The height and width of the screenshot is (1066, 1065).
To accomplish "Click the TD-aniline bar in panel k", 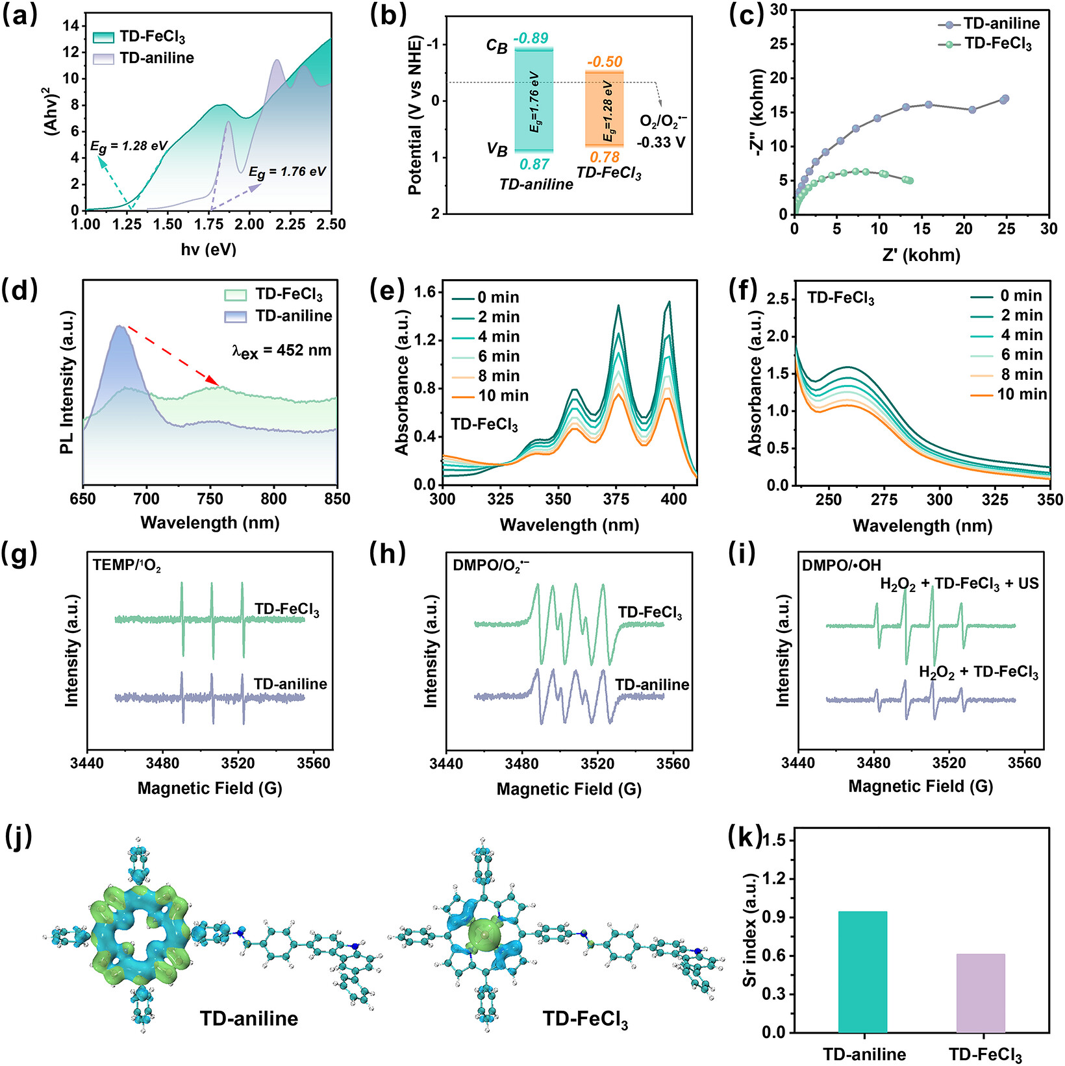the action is (x=862, y=972).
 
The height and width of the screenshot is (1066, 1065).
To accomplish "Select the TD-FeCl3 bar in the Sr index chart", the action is (x=981, y=993).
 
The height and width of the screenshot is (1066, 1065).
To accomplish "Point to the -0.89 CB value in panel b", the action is (x=531, y=38).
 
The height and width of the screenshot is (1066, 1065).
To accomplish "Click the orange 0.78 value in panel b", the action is (x=605, y=157).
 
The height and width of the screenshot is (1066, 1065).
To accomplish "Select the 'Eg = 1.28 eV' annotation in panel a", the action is (x=129, y=147).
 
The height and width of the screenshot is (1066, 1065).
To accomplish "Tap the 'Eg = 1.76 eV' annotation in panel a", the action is (x=287, y=173).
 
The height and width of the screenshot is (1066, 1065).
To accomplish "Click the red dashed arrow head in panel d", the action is (x=212, y=380).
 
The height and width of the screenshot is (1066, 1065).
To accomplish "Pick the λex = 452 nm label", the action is (x=282, y=351).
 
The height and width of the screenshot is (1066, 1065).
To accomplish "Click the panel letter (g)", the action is (x=20, y=553).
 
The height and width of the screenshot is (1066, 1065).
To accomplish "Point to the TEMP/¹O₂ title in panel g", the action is (x=127, y=565).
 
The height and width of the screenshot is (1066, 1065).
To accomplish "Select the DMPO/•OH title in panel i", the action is (x=842, y=565).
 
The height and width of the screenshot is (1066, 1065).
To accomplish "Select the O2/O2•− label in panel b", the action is (x=663, y=121).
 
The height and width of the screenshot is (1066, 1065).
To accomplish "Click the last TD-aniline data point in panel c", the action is (x=1005, y=99).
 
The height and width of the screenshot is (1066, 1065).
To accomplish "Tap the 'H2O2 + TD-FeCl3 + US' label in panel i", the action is (x=959, y=584).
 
